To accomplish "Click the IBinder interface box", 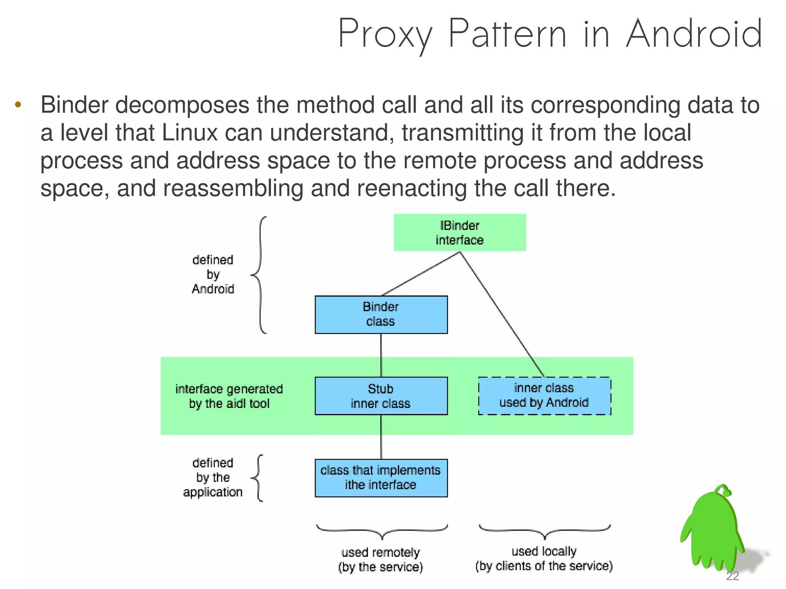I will click(459, 233).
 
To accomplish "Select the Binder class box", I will click(381, 314).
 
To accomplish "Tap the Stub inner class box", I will click(381, 396).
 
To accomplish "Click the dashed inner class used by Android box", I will click(544, 396).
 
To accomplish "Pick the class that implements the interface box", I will click(381, 478).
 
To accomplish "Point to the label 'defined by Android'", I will click(213, 274).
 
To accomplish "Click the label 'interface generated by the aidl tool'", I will click(229, 396).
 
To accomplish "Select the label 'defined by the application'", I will click(213, 477).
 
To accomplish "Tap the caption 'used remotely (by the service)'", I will click(380, 559).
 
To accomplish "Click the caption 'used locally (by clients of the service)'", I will click(544, 559).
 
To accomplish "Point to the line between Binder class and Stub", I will click(381, 355).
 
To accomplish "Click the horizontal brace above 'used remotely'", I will click(382, 531).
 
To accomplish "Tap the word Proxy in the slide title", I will click(385, 35).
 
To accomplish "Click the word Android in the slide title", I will click(694, 35).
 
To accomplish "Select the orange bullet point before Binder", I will click(18, 105).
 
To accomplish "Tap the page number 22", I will click(732, 576).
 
